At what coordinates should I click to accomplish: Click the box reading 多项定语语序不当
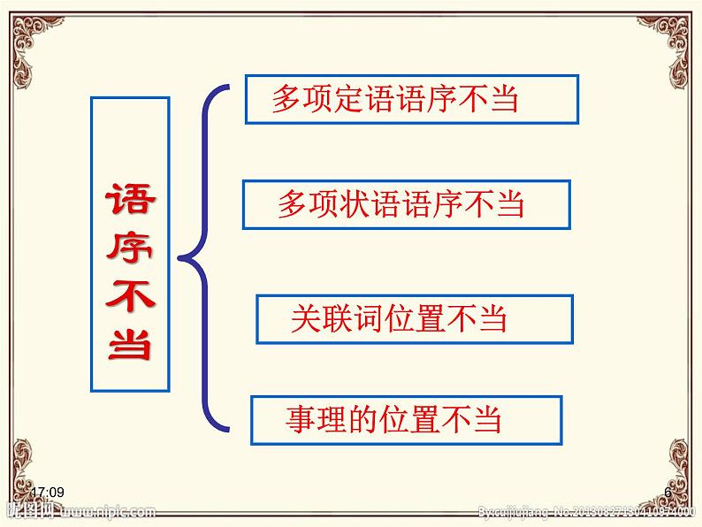(411, 99)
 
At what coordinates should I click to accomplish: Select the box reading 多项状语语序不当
(406, 204)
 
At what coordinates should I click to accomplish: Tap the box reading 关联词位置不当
(414, 319)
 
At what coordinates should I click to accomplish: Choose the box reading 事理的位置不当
(406, 419)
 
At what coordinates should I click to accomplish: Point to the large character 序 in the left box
(130, 249)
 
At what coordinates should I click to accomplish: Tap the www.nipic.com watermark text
(110, 511)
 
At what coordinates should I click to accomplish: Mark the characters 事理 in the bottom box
(308, 419)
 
